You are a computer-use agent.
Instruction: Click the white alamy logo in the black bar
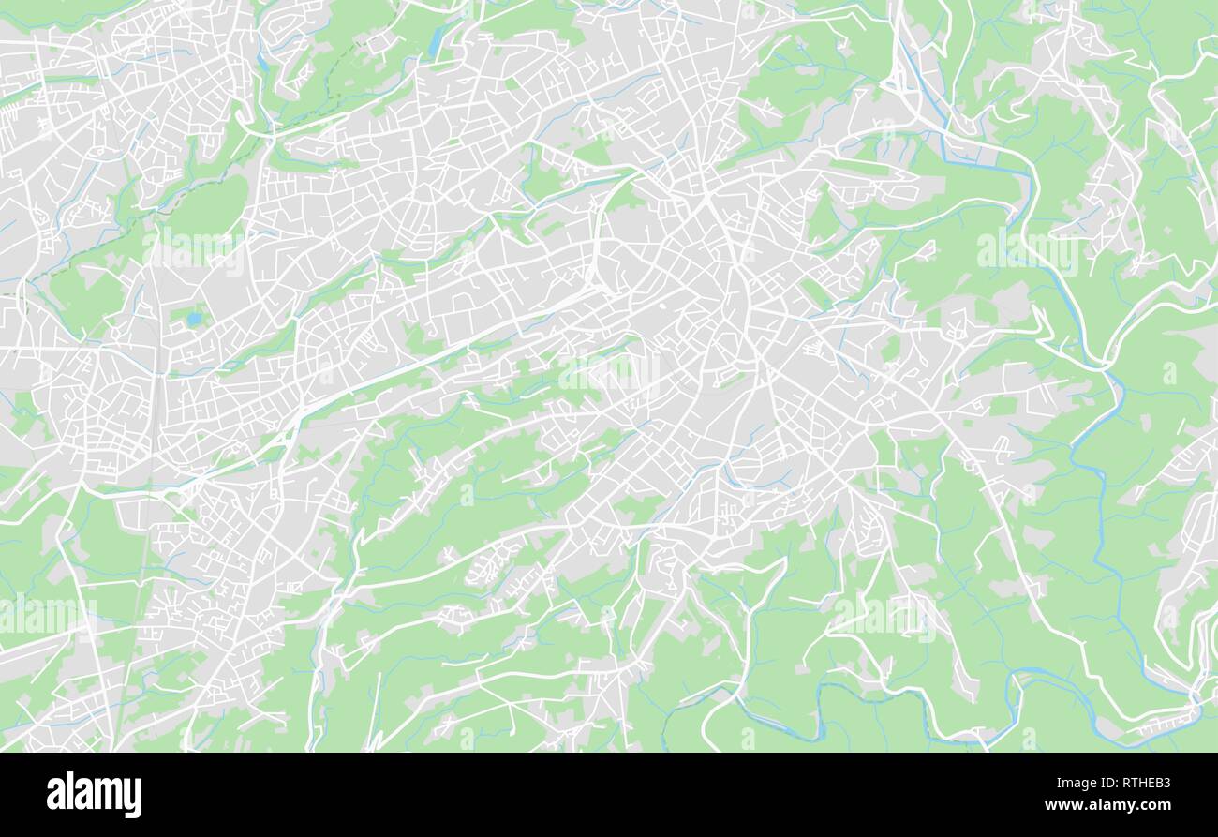click(94, 794)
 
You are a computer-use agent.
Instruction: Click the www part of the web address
click(1062, 806)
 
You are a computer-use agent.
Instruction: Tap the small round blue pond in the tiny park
click(194, 319)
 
